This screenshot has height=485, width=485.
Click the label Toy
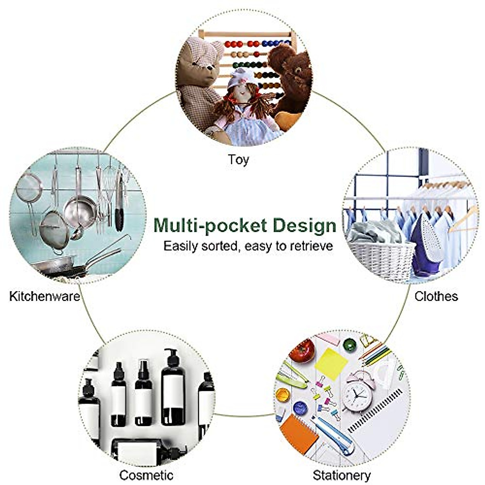(x=238, y=159)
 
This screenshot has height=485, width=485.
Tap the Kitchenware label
(x=44, y=296)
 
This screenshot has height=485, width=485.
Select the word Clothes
(x=436, y=296)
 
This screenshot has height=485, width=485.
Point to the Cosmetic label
(x=146, y=475)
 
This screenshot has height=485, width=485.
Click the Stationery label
(x=342, y=475)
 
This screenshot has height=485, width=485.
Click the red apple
(x=302, y=350)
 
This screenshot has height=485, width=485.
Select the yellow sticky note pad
(x=331, y=362)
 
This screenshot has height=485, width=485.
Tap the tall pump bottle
(x=173, y=388)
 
